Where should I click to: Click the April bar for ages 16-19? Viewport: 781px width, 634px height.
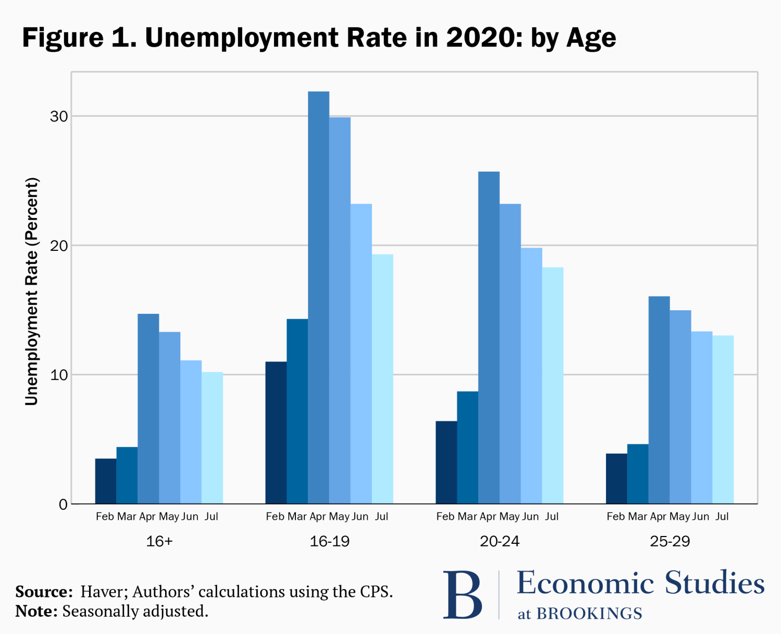tap(318, 297)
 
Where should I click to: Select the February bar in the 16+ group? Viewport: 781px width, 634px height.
tap(106, 481)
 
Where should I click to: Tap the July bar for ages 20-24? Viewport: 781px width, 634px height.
tap(552, 385)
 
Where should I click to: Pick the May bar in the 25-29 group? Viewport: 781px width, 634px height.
tap(680, 407)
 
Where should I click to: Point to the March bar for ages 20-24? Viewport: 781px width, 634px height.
tap(467, 447)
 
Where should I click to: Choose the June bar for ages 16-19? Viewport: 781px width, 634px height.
tap(361, 353)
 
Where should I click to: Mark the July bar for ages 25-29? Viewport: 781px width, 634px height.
tap(723, 419)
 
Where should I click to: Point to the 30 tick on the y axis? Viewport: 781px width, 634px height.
tap(59, 116)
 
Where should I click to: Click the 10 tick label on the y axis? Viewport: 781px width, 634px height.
tap(59, 375)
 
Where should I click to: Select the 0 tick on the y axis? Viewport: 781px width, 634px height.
tap(63, 504)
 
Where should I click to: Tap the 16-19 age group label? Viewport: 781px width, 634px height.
tap(329, 541)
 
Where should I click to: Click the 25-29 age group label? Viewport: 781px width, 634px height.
tap(670, 541)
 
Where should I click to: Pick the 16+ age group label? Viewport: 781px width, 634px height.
tap(159, 541)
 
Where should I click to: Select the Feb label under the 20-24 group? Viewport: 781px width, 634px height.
tap(445, 517)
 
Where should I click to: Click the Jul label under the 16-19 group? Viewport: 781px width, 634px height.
tap(381, 517)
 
